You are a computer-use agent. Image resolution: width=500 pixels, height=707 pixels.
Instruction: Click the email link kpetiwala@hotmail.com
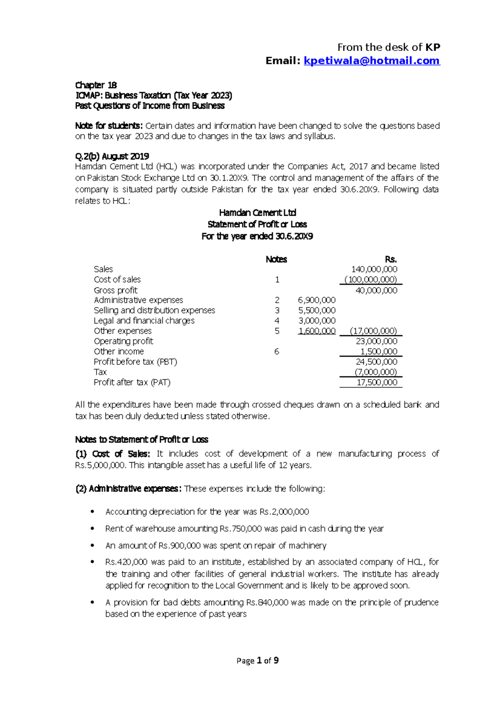[372, 61]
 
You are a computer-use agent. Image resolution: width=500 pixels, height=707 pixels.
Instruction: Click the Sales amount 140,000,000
[374, 269]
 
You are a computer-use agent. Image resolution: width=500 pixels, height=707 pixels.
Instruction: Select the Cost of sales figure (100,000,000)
[371, 279]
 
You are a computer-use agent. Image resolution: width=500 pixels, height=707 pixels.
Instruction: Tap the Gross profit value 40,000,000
[376, 290]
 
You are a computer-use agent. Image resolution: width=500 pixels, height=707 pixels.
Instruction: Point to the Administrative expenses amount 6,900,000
[317, 300]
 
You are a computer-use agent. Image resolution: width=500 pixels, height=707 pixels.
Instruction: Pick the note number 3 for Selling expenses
[277, 310]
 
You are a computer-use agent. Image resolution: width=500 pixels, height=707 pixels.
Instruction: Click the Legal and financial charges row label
[144, 321]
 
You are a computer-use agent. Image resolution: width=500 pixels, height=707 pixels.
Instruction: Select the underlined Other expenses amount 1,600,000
[317, 331]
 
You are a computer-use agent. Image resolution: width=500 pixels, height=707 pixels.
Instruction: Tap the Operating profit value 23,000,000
[376, 341]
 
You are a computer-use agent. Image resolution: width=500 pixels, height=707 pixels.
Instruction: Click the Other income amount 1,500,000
[378, 351]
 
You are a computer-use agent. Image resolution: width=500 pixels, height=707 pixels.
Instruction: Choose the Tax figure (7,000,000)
[375, 372]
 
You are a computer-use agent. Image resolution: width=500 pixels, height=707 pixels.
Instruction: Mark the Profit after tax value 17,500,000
[377, 382]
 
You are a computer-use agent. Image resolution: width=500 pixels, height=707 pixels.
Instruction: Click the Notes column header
[276, 259]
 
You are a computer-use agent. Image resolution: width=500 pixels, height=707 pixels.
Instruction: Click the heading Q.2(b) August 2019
[112, 156]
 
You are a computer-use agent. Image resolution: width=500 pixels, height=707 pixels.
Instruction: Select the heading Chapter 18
[96, 85]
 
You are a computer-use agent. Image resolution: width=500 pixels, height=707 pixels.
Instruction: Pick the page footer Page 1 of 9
[257, 660]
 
